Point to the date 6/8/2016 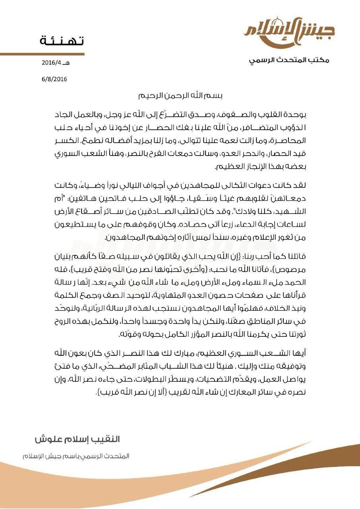pyautogui.click(x=54, y=78)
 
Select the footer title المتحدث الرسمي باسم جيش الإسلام pyautogui.click(x=75, y=455)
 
